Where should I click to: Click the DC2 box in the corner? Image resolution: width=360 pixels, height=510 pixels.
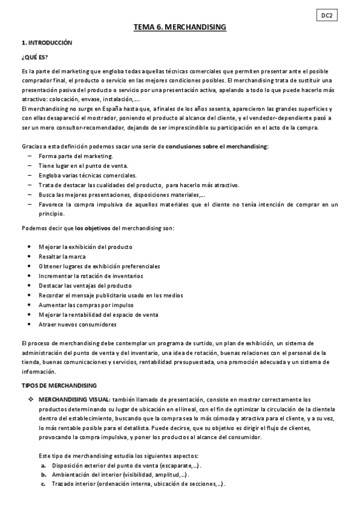326,16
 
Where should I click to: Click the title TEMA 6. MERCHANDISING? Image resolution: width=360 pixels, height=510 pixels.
180,28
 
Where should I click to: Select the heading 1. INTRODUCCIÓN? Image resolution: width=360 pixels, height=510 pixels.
46,43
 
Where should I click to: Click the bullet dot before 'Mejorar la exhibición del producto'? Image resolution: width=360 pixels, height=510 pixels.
30,247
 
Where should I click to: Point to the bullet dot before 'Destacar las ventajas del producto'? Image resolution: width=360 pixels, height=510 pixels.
30,286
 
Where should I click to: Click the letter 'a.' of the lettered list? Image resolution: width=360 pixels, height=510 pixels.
44,465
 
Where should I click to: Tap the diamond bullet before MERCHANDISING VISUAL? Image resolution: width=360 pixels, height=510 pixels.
31,399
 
